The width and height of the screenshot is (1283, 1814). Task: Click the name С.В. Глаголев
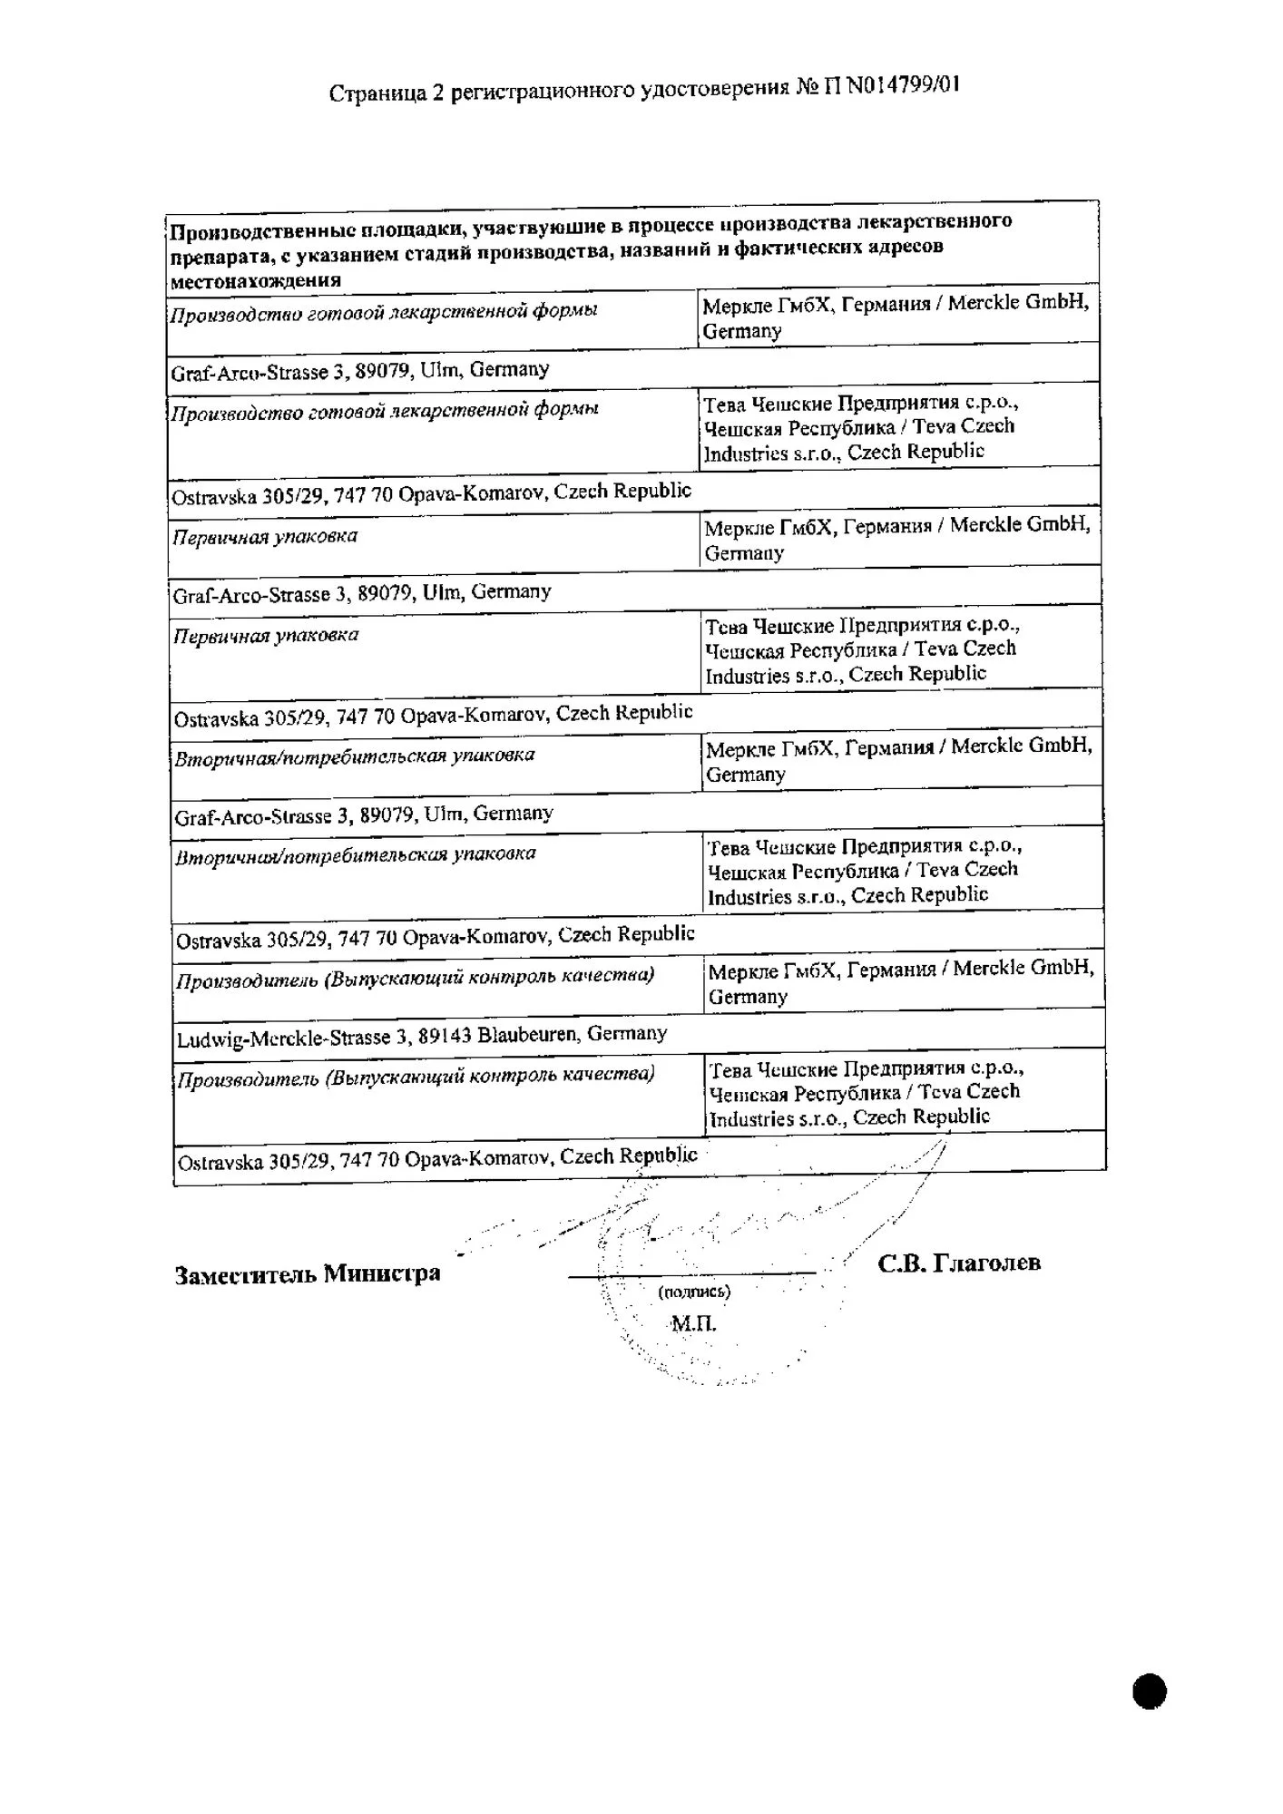(958, 1263)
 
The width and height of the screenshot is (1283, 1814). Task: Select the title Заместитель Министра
(307, 1274)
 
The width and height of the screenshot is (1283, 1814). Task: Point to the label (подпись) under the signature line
(694, 1292)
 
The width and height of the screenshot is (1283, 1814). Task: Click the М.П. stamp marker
(693, 1323)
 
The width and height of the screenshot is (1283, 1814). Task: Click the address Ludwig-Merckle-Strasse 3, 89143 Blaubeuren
(422, 1037)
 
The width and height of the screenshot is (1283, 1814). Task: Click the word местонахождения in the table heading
(256, 280)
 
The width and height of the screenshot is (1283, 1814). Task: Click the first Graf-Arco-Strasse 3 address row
(360, 371)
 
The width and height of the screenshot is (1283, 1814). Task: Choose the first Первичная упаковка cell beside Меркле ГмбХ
(265, 537)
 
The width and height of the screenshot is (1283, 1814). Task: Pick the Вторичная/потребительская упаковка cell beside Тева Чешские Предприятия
(355, 855)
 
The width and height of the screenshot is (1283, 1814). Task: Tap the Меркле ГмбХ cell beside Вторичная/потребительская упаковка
(898, 760)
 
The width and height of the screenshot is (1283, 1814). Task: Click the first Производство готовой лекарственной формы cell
(384, 313)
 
